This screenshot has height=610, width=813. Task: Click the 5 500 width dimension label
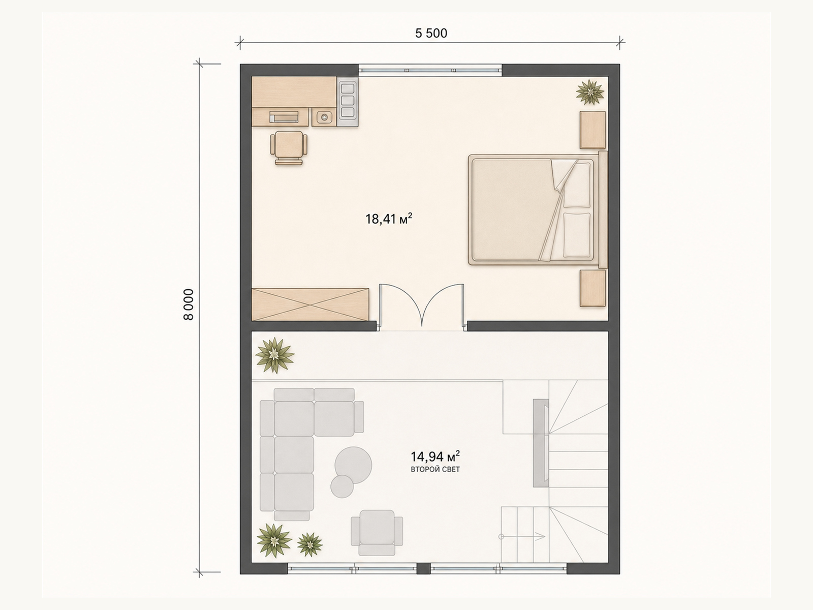[431, 34]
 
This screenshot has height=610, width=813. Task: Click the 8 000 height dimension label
[189, 304]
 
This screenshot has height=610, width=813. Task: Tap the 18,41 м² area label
[389, 219]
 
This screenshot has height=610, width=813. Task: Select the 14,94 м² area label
[435, 456]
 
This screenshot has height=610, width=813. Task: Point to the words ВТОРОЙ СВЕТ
[435, 470]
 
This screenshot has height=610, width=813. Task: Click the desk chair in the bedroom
[289, 147]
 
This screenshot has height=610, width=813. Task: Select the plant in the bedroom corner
[590, 92]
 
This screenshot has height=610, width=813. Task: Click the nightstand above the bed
[592, 130]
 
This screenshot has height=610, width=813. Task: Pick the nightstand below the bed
[592, 288]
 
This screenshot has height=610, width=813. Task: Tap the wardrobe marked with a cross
[310, 304]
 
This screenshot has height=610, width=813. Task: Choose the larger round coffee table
[353, 465]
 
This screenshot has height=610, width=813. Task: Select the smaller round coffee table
[342, 486]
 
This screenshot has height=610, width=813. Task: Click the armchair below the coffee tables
[377, 533]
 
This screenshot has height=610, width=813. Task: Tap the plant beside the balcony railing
[274, 355]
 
